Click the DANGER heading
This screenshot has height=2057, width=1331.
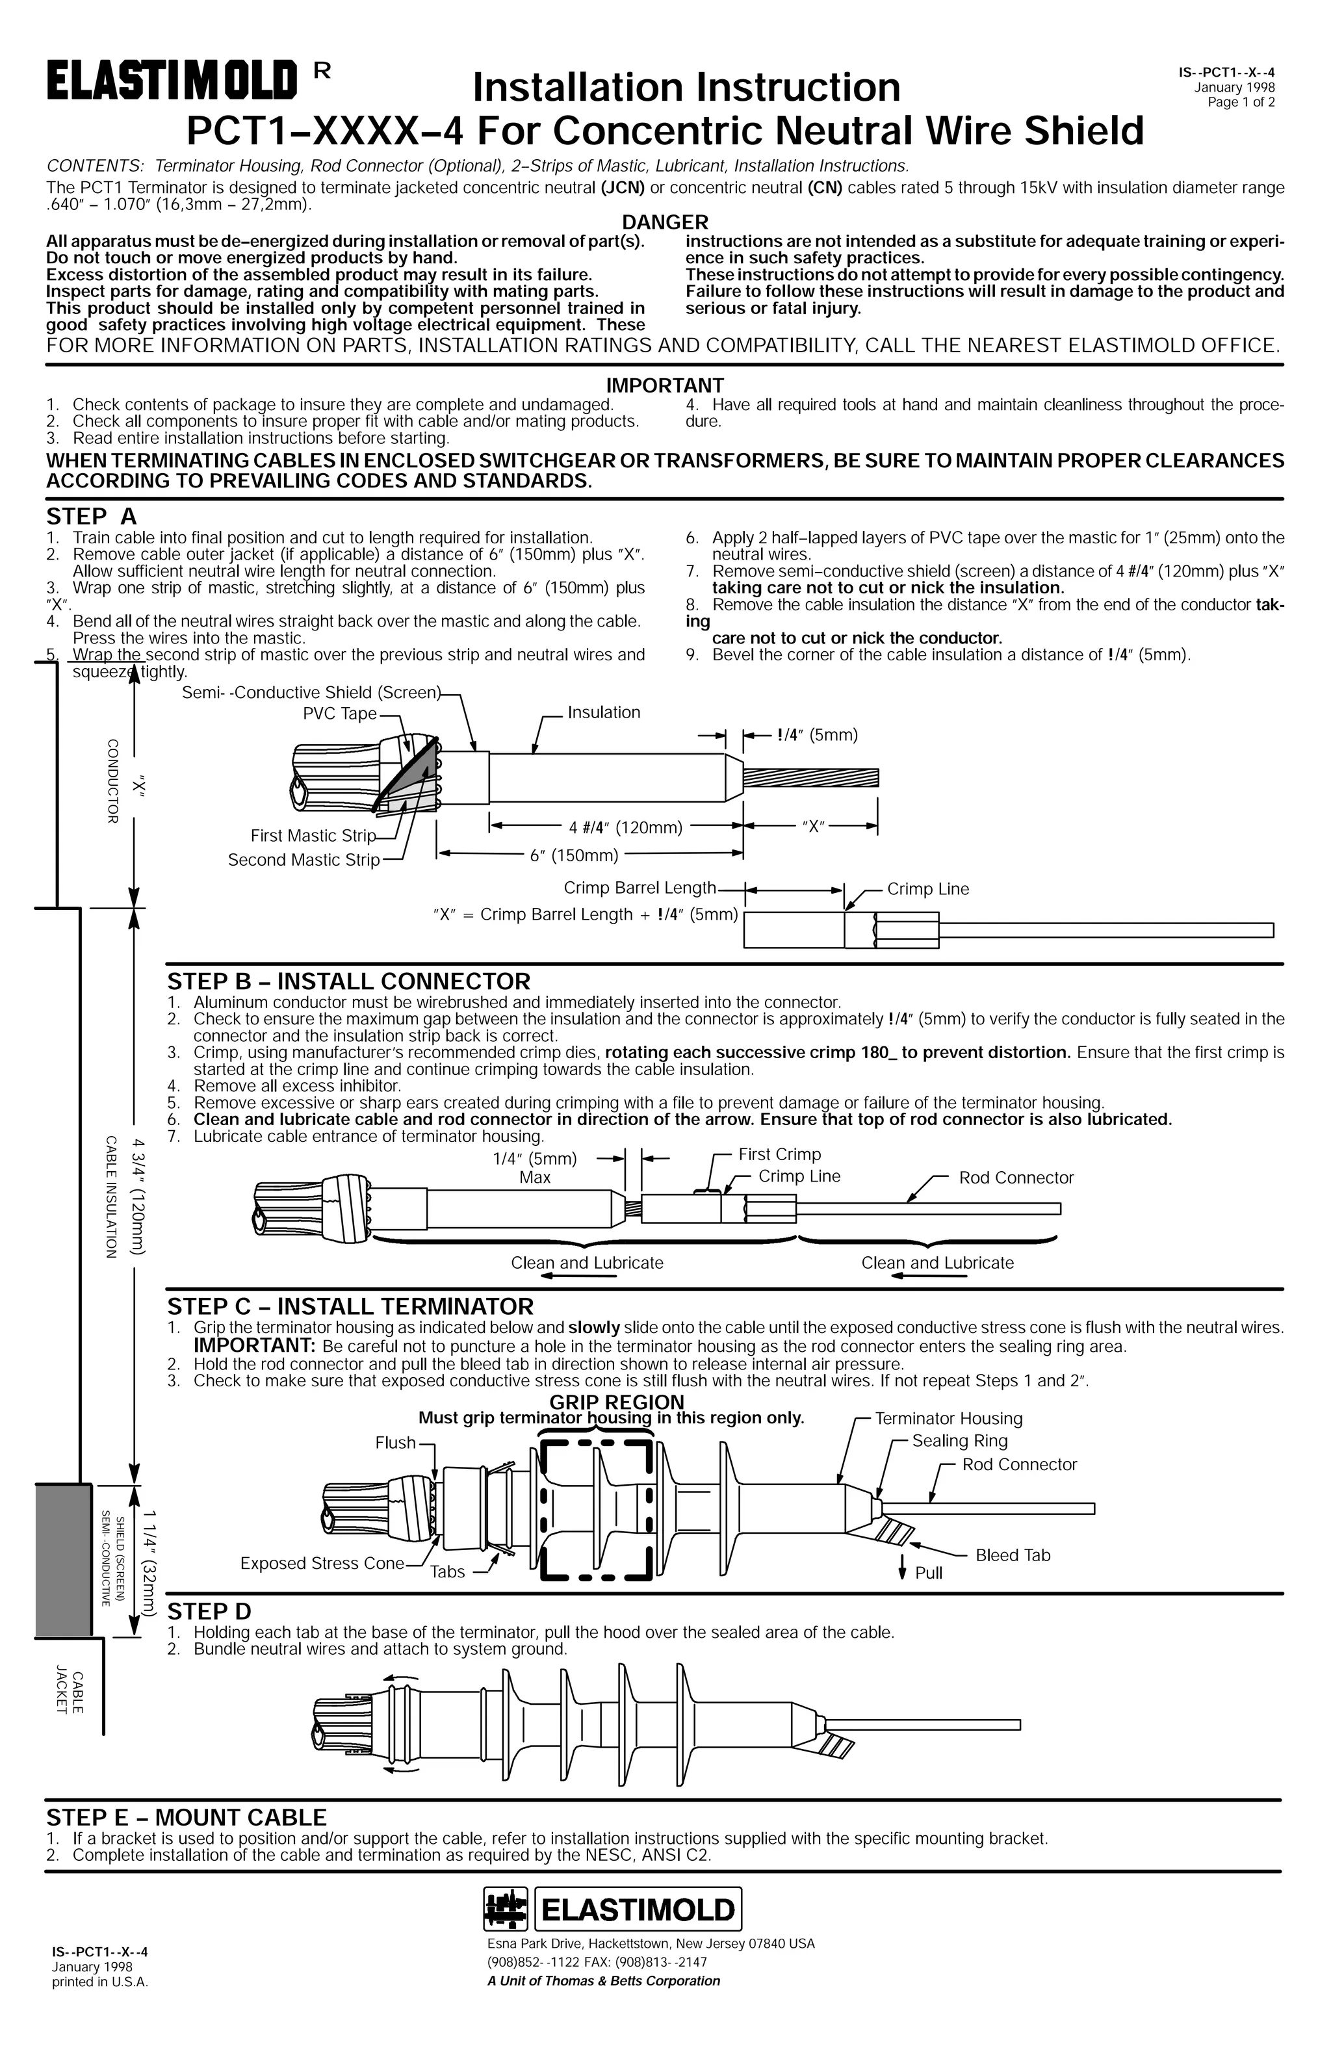665,222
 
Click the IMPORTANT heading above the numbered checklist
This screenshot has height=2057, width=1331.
665,385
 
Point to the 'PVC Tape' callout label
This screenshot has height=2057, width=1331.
340,714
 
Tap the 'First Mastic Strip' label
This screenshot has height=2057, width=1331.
313,836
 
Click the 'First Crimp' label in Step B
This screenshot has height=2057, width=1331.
780,1155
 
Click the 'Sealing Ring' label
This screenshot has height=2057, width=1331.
959,1441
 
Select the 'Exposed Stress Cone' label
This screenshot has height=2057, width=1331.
322,1564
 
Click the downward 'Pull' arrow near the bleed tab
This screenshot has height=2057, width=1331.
902,1567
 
